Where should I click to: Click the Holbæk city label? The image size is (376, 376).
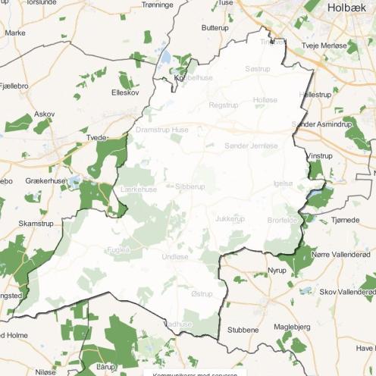tap(349, 8)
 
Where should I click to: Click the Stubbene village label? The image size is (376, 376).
tap(243, 331)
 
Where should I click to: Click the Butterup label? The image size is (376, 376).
tap(215, 27)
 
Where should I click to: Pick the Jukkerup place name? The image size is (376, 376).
tap(230, 219)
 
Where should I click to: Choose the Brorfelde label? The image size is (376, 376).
tap(283, 219)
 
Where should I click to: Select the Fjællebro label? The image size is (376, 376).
tap(15, 86)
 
